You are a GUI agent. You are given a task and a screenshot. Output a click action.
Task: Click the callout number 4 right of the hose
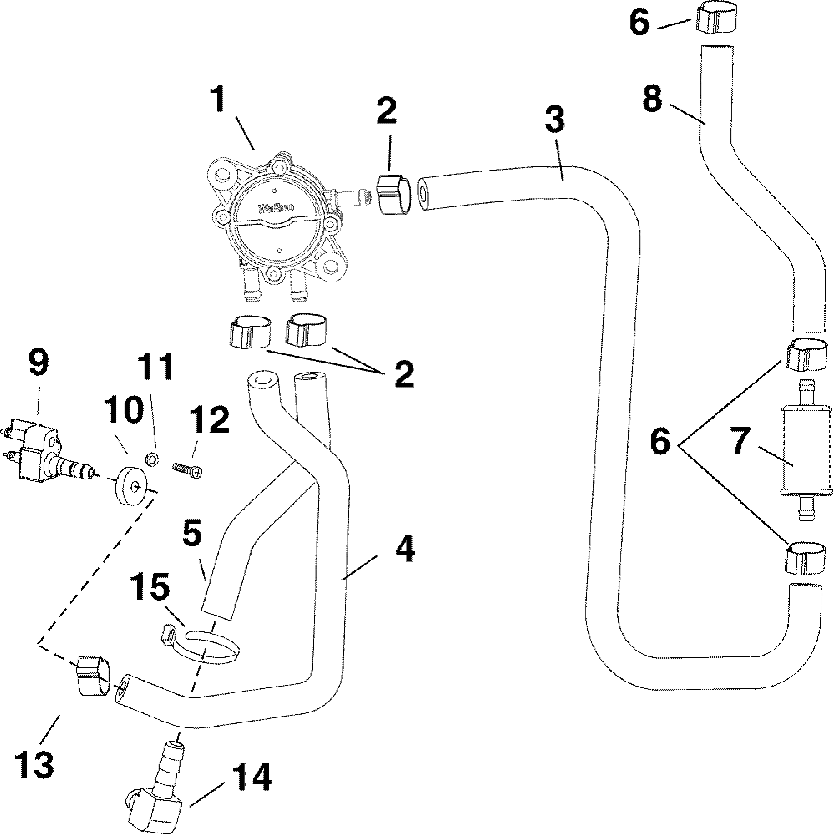pyautogui.click(x=404, y=549)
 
